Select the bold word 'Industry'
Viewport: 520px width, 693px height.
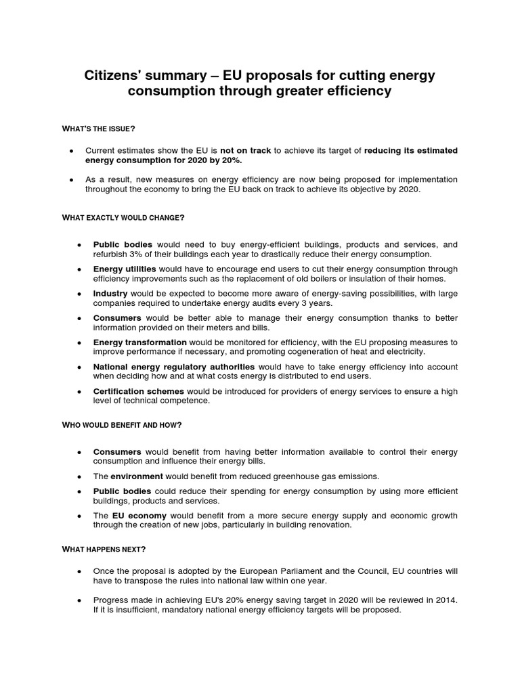point(110,294)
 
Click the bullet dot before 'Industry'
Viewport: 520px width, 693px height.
point(79,294)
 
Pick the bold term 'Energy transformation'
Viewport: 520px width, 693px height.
point(140,342)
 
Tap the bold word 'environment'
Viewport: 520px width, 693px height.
point(137,476)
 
